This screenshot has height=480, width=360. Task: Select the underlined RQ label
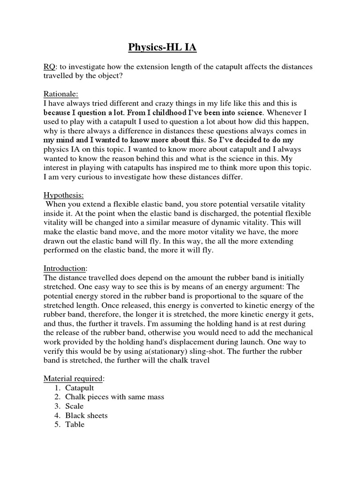point(50,67)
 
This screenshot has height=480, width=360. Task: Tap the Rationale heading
point(61,93)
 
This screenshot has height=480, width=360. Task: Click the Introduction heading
point(65,269)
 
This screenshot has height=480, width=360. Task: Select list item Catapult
point(80,388)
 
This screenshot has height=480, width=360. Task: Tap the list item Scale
point(75,406)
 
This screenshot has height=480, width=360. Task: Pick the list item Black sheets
point(87,415)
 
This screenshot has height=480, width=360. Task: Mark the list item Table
point(75,424)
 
